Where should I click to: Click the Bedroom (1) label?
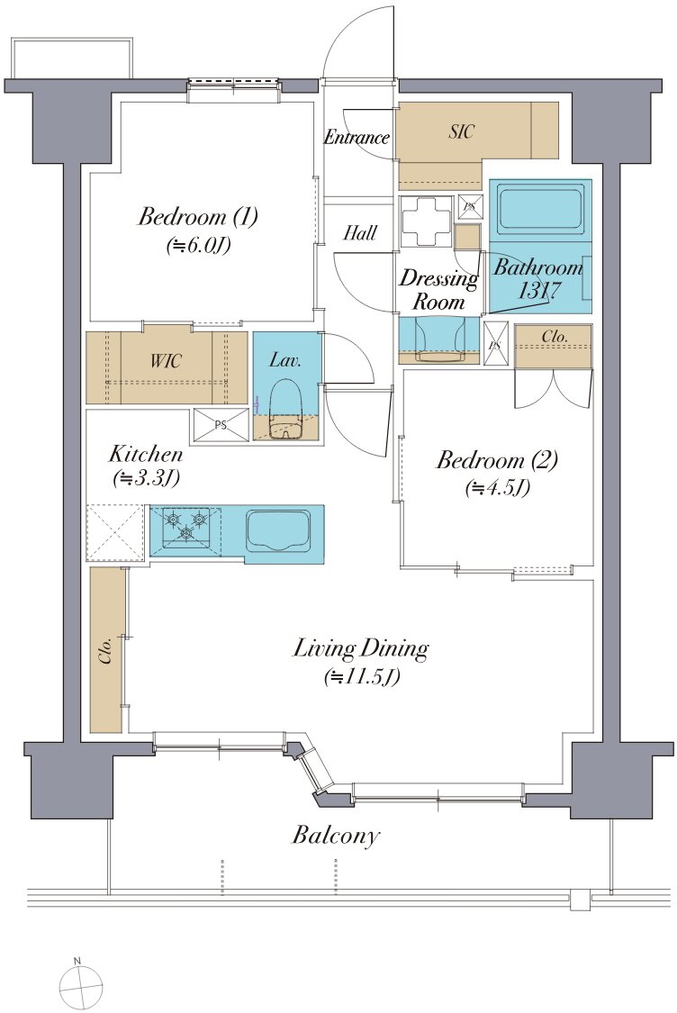198,216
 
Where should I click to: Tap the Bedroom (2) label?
497,461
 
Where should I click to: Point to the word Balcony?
335,836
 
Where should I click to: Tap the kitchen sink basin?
279,529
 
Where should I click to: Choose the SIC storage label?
461,131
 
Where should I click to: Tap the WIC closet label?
166,360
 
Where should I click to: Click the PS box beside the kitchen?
221,425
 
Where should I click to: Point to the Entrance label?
357,137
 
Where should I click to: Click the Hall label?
360,232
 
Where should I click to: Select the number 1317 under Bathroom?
538,290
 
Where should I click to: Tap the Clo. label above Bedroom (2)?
555,337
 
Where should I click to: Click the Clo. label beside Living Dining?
106,650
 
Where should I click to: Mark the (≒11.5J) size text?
362,676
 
